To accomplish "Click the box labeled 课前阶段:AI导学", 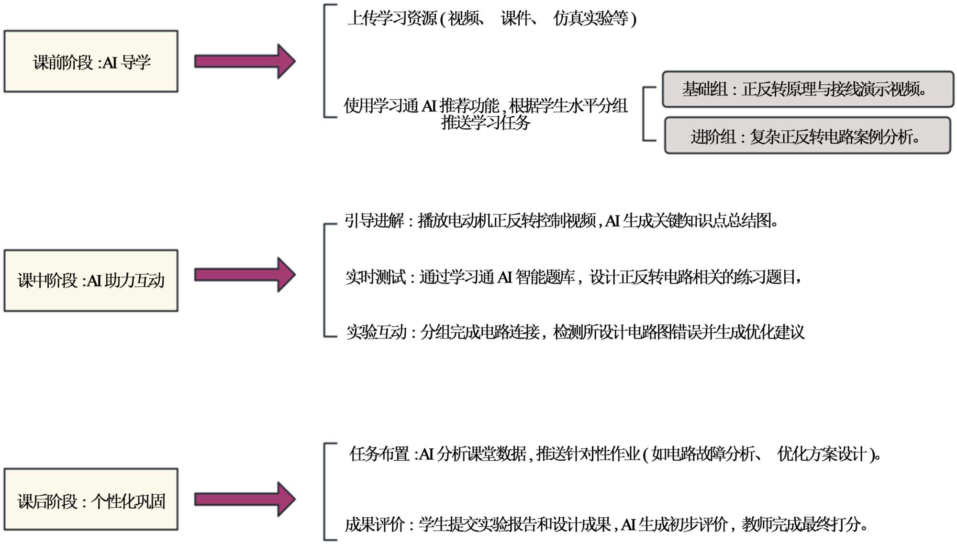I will coord(91,62).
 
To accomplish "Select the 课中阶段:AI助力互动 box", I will coord(91,281).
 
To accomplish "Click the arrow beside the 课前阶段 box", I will coord(245,61).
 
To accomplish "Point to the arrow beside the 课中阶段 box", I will coord(245,275).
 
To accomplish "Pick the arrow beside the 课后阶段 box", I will coord(245,500).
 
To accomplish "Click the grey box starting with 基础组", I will coord(808,89).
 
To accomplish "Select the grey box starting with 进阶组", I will coord(807,136).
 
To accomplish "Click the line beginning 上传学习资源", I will coord(491,19).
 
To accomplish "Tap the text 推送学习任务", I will coord(486,123).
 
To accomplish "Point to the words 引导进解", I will coord(374,221).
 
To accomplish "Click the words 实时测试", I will coord(375,277).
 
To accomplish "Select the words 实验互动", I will coord(376,332).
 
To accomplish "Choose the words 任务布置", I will coord(379,454).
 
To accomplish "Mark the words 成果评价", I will coord(375,524).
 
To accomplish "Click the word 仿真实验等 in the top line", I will coord(591,19).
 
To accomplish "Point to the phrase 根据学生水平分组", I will coord(568,106).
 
